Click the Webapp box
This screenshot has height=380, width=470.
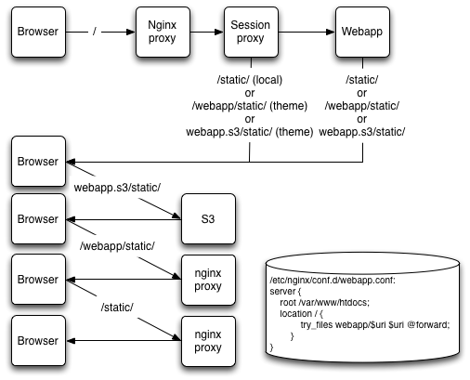pos(362,32)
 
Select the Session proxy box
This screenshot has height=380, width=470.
pos(251,32)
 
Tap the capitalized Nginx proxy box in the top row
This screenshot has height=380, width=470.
pos(163,32)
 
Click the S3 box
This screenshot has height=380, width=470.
pos(208,219)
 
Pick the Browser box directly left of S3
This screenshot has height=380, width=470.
pos(38,219)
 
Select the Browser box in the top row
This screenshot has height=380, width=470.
pos(38,32)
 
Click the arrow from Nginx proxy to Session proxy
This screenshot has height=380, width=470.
pos(207,32)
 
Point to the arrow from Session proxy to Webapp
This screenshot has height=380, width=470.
pos(307,32)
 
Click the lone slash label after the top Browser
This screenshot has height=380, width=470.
pos(95,32)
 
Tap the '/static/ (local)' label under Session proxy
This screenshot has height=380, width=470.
pos(250,80)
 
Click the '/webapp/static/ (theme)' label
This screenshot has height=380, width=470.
pos(250,106)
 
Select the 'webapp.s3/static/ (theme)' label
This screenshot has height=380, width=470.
pos(250,132)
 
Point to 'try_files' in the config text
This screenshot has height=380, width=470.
pos(317,325)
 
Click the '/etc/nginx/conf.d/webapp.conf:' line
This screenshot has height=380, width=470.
pos(333,281)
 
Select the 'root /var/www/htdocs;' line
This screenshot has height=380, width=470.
pos(325,302)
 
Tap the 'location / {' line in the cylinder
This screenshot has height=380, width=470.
pos(301,314)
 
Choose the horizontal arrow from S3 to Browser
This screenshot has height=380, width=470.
pos(124,219)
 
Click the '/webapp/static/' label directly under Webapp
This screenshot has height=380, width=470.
pos(362,106)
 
